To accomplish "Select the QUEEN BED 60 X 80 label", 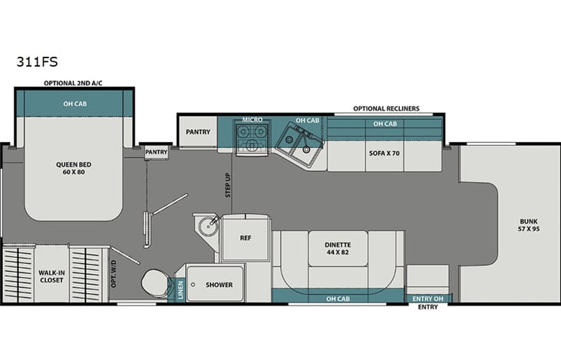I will tap(74, 167).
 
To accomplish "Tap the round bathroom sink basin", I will tap(206, 227).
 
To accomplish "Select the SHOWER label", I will tap(219, 285).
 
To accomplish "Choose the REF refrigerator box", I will tap(246, 238).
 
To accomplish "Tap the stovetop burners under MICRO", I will tap(252, 139).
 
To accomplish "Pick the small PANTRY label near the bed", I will tap(157, 152).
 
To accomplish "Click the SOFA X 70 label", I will tap(385, 153).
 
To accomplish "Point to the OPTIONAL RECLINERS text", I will tap(386, 109).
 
